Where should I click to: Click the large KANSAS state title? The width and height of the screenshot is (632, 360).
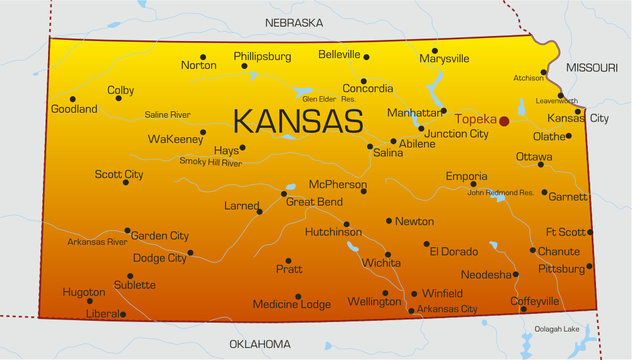point(297,121)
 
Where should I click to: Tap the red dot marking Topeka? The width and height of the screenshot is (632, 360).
point(505,120)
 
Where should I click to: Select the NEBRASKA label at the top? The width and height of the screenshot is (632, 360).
point(294,22)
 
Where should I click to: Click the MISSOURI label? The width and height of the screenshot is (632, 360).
point(593,67)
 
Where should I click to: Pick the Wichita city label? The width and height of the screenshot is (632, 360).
point(381,262)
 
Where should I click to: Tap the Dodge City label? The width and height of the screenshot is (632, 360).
point(160,257)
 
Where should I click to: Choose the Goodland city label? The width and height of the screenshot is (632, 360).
point(74,109)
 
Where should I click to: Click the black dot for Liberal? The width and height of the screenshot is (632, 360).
point(123,314)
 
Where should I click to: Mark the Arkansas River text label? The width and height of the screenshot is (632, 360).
point(97,242)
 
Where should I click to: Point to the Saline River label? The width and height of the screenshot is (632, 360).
point(168,115)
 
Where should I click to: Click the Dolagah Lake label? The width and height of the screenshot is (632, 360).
point(556,329)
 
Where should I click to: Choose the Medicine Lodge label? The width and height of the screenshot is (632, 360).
point(290,304)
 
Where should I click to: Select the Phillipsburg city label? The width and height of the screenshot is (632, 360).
point(262,57)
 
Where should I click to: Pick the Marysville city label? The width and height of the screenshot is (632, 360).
point(444,59)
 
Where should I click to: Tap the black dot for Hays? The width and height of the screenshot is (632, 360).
point(242,148)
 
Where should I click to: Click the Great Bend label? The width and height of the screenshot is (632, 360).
point(315,201)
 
